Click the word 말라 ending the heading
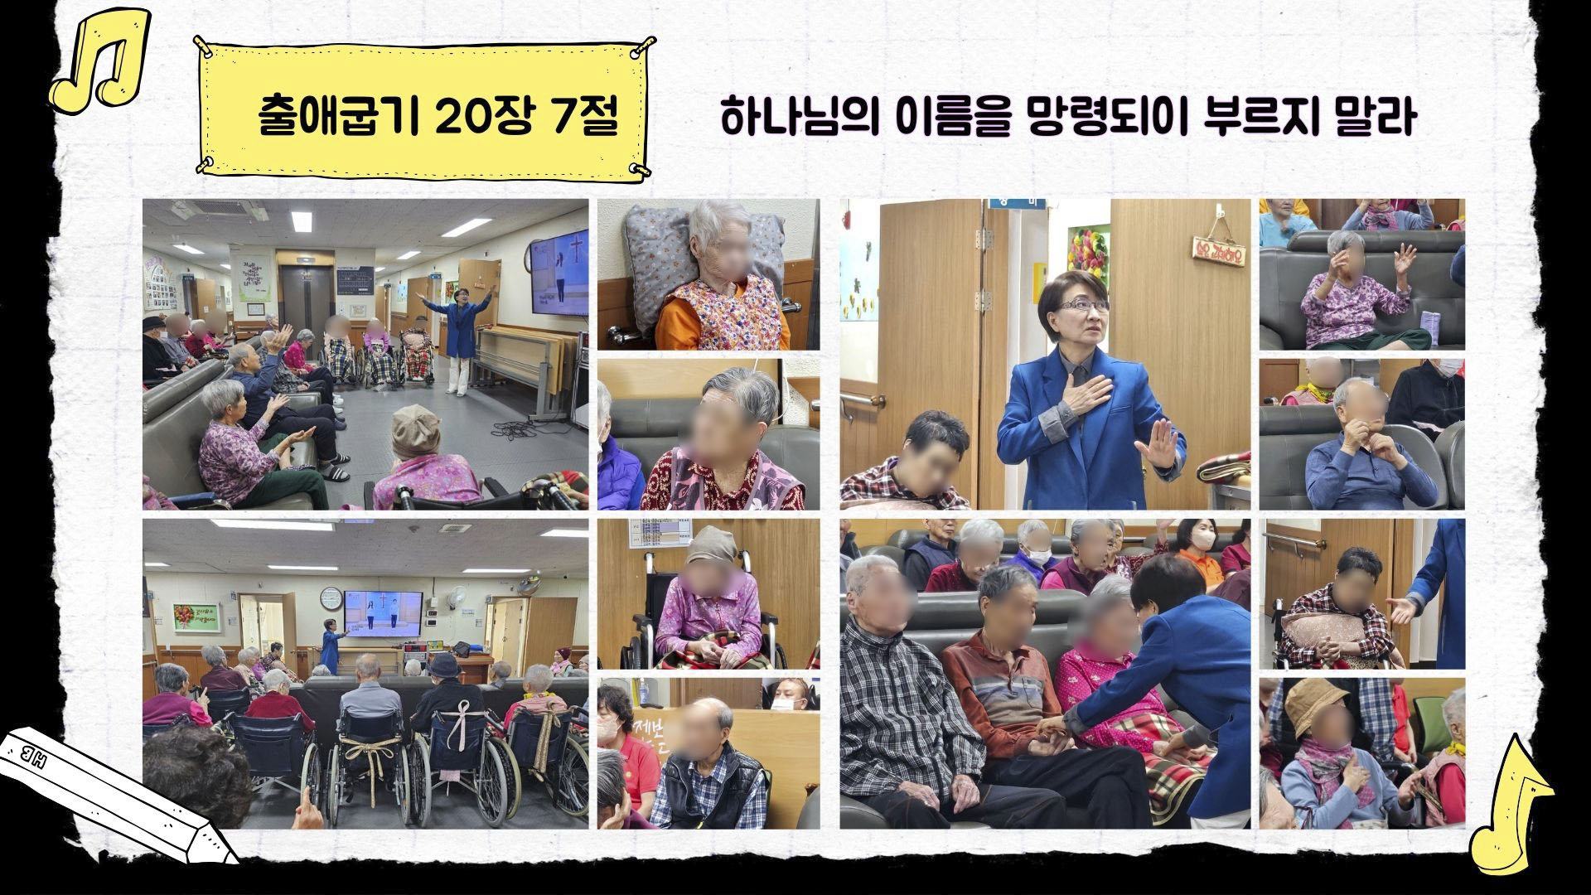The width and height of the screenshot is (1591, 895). point(1376,117)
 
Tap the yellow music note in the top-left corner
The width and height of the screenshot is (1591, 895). point(100,60)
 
